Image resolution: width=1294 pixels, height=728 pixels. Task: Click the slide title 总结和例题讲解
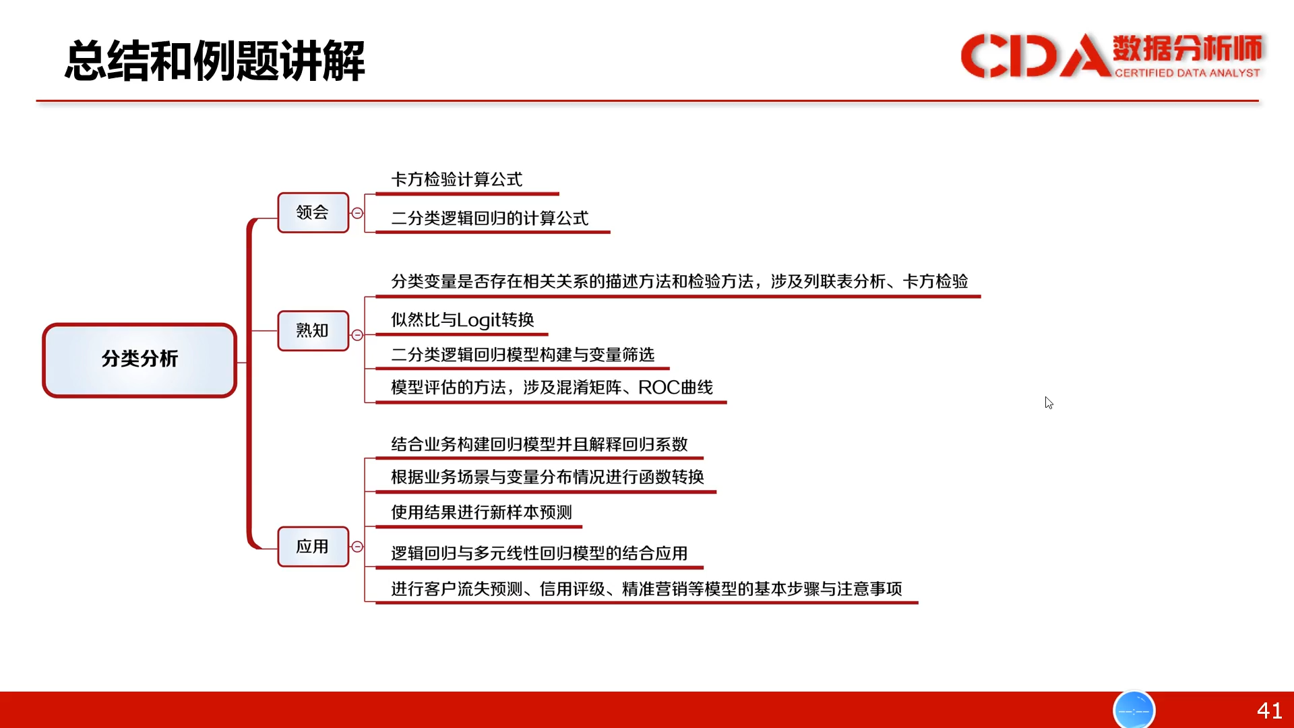(215, 61)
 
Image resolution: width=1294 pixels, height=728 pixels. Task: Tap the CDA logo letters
(1035, 55)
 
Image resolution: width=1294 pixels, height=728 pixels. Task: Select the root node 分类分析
(140, 360)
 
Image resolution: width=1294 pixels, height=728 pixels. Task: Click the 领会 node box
(313, 212)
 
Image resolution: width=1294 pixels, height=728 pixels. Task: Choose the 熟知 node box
(313, 330)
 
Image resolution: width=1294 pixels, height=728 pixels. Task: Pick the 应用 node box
(313, 546)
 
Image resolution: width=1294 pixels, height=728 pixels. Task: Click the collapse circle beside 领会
(357, 213)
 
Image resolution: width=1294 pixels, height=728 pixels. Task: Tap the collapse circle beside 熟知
(357, 335)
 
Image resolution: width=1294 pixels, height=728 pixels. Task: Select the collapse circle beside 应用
(357, 547)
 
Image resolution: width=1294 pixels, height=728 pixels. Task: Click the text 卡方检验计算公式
(456, 179)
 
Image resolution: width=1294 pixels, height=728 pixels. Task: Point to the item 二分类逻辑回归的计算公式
(489, 218)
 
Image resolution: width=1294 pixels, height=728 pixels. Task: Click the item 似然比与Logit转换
(462, 320)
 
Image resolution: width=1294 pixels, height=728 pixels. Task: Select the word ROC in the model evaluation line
(658, 388)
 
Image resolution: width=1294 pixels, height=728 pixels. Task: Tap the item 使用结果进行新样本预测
(481, 512)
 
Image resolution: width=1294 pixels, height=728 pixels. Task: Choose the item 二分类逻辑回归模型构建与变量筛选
(522, 355)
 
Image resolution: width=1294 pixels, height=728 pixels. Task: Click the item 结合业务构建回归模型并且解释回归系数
(539, 444)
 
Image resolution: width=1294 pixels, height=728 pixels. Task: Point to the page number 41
(1269, 710)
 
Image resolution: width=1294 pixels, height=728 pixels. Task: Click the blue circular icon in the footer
(1134, 710)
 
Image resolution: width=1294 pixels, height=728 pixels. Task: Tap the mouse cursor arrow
(1049, 402)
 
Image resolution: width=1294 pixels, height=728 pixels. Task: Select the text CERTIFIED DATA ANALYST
(1187, 73)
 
